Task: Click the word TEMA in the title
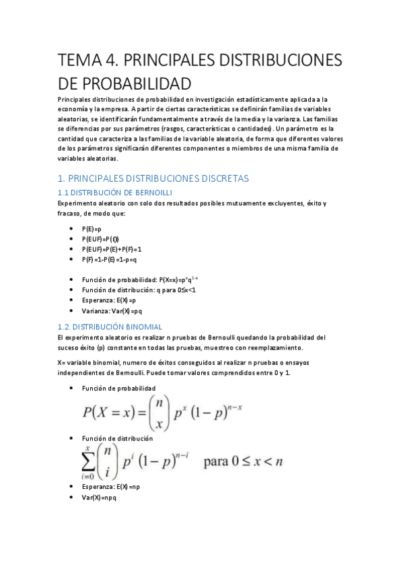pos(77,61)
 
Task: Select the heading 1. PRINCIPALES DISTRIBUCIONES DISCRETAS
pos(153,178)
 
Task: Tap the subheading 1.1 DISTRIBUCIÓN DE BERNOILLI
pos(111,193)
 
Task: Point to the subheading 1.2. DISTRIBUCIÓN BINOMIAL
pos(110,327)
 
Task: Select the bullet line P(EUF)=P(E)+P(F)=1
pos(112,248)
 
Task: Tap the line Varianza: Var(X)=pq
pos(112,310)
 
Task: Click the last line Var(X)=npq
pos(99,496)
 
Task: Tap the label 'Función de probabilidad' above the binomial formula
pos(118,389)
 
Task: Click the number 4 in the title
pos(110,61)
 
